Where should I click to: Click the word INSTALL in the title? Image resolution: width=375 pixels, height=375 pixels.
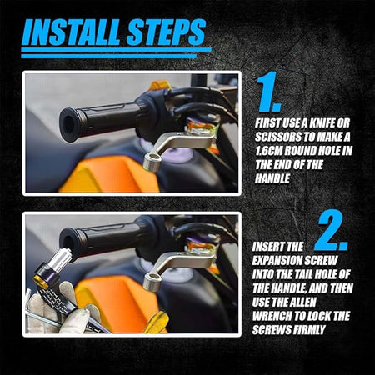coord(72,32)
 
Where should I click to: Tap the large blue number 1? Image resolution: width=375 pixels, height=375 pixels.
coord(268,92)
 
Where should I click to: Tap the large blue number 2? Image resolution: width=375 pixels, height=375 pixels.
coord(331,231)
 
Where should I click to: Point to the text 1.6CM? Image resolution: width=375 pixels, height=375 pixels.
coord(268,151)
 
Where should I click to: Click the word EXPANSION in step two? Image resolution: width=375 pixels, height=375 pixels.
coord(277,261)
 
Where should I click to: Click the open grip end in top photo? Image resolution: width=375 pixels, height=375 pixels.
coord(69,125)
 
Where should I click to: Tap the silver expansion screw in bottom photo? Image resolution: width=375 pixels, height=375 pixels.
coord(63,259)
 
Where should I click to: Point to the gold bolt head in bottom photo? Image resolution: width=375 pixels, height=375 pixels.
coord(41,281)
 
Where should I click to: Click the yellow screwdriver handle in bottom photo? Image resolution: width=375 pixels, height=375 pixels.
coord(157,322)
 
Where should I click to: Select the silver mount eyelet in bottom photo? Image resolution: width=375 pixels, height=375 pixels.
coord(151,281)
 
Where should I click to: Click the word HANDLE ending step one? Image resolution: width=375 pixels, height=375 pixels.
coord(272,178)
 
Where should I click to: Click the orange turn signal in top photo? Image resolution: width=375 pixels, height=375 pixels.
coord(159,85)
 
